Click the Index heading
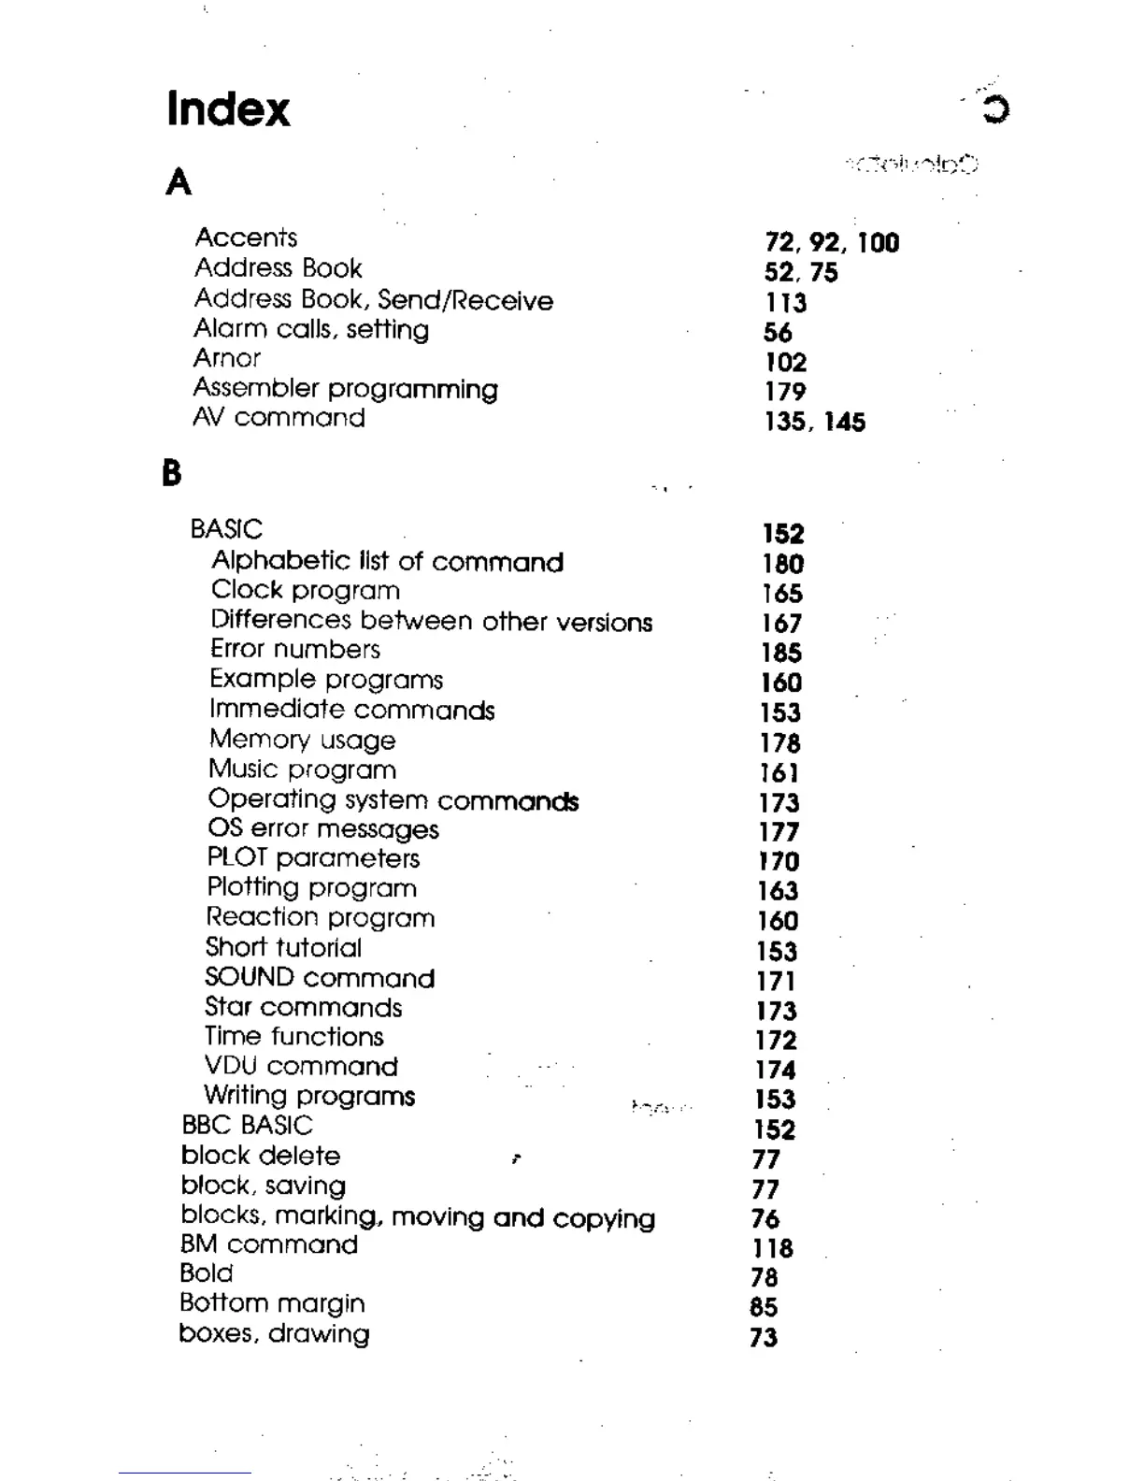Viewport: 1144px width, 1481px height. pyautogui.click(x=228, y=108)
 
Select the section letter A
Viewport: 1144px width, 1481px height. pyautogui.click(x=179, y=181)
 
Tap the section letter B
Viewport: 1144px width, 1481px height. pyautogui.click(x=171, y=473)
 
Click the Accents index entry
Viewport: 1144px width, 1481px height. pyautogui.click(x=246, y=237)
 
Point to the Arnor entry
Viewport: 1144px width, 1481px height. pyautogui.click(x=227, y=358)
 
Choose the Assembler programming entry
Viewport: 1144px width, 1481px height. pyautogui.click(x=345, y=389)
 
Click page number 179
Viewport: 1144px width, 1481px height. pyautogui.click(x=785, y=392)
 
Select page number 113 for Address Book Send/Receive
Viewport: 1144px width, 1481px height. pyautogui.click(x=785, y=303)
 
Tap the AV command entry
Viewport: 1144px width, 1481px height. pyautogui.click(x=279, y=418)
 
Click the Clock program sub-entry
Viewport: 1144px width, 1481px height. pyautogui.click(x=306, y=591)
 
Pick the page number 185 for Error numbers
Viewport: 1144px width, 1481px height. pyautogui.click(x=781, y=653)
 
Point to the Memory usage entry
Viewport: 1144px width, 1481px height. pyautogui.click(x=302, y=740)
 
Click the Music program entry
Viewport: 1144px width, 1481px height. pyautogui.click(x=302, y=769)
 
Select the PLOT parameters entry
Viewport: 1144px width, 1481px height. pyautogui.click(x=313, y=858)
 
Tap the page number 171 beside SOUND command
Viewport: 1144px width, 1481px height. pyautogui.click(x=776, y=981)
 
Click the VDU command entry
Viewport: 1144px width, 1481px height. pyautogui.click(x=301, y=1066)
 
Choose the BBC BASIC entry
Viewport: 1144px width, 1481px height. pyautogui.click(x=247, y=1125)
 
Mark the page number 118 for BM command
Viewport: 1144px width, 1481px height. pyautogui.click(x=772, y=1248)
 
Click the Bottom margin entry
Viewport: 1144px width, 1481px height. pyautogui.click(x=272, y=1303)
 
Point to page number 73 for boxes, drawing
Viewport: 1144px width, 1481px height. pyautogui.click(x=764, y=1337)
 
